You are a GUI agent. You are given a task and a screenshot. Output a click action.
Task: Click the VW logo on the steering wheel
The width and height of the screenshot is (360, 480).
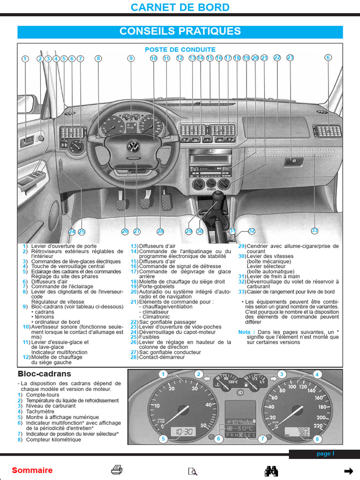(134, 146)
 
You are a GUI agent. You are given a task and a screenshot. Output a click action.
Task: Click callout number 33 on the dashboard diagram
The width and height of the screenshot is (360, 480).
(315, 231)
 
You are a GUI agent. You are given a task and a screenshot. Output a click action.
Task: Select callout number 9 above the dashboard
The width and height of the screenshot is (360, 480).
(131, 58)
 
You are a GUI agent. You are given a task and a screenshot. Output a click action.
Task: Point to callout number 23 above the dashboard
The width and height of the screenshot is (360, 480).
(290, 58)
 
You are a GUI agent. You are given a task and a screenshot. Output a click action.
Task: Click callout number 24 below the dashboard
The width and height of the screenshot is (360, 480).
(72, 232)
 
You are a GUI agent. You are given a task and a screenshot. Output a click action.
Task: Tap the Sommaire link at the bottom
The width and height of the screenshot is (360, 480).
(32, 470)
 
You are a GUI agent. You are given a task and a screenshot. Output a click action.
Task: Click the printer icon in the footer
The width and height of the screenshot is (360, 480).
(117, 470)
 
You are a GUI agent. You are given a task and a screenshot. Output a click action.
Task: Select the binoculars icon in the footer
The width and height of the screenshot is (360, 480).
(272, 470)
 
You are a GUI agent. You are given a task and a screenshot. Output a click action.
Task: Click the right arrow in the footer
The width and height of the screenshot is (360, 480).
(348, 471)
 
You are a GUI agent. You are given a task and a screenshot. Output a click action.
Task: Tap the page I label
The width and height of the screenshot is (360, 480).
(325, 454)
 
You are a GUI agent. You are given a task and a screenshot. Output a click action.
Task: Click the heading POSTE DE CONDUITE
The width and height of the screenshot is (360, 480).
(180, 49)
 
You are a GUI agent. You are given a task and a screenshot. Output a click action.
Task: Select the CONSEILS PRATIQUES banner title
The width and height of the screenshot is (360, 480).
(180, 31)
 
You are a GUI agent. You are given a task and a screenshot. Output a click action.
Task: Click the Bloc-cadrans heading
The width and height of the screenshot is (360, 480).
(44, 374)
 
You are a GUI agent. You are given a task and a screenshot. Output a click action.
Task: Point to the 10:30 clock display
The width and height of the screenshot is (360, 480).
(183, 431)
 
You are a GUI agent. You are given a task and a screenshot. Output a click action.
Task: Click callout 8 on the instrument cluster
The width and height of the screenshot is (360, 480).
(317, 439)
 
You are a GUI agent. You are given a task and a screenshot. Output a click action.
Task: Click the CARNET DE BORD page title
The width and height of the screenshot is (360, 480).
(180, 7)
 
